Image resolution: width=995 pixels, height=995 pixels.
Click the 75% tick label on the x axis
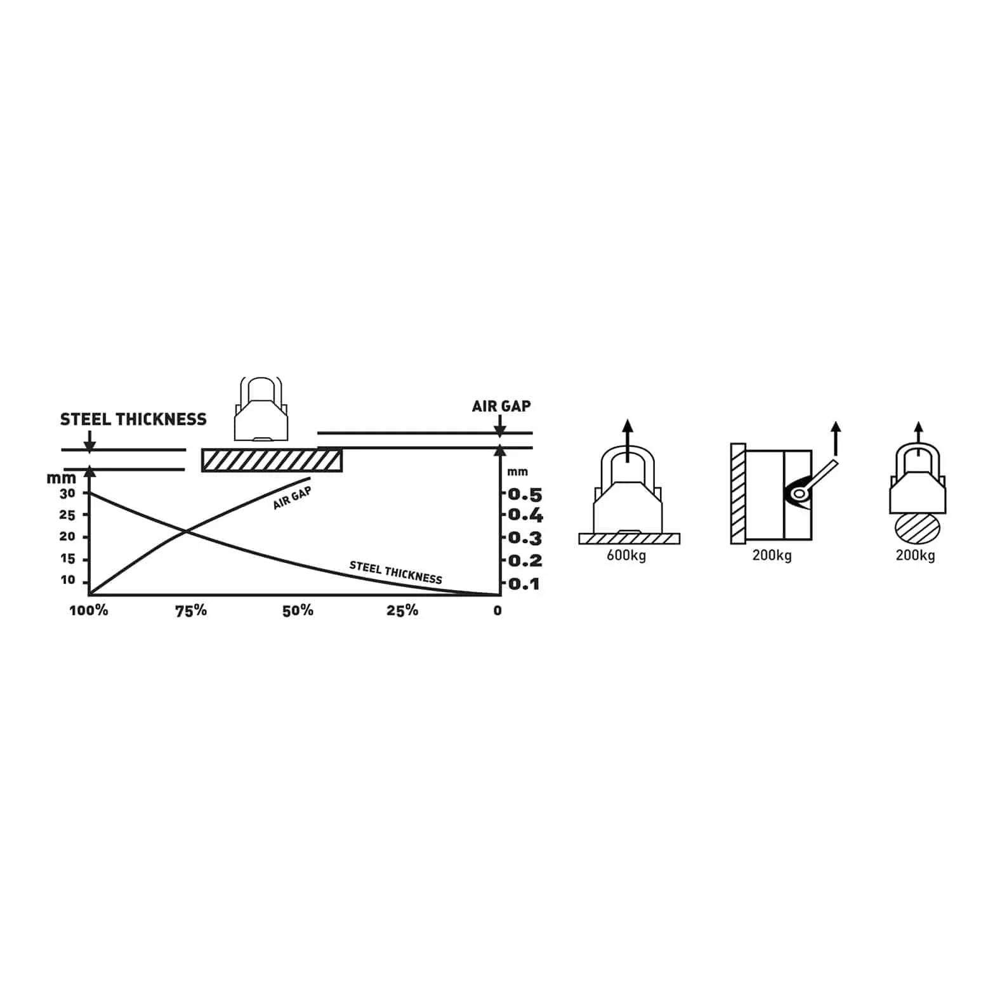[191, 610]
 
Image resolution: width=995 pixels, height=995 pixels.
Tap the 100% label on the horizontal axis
[89, 610]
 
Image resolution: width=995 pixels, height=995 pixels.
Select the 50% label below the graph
[298, 610]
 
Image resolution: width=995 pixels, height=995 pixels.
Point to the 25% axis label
[402, 610]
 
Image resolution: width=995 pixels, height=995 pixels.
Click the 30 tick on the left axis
[67, 493]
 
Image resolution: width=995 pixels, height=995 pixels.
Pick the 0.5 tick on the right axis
[525, 494]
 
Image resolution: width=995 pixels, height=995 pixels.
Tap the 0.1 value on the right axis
[525, 584]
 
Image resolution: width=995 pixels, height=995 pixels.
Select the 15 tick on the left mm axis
[67, 559]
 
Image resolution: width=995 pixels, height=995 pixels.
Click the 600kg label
[626, 555]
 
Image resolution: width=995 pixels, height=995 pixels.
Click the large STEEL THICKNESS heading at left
[133, 419]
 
